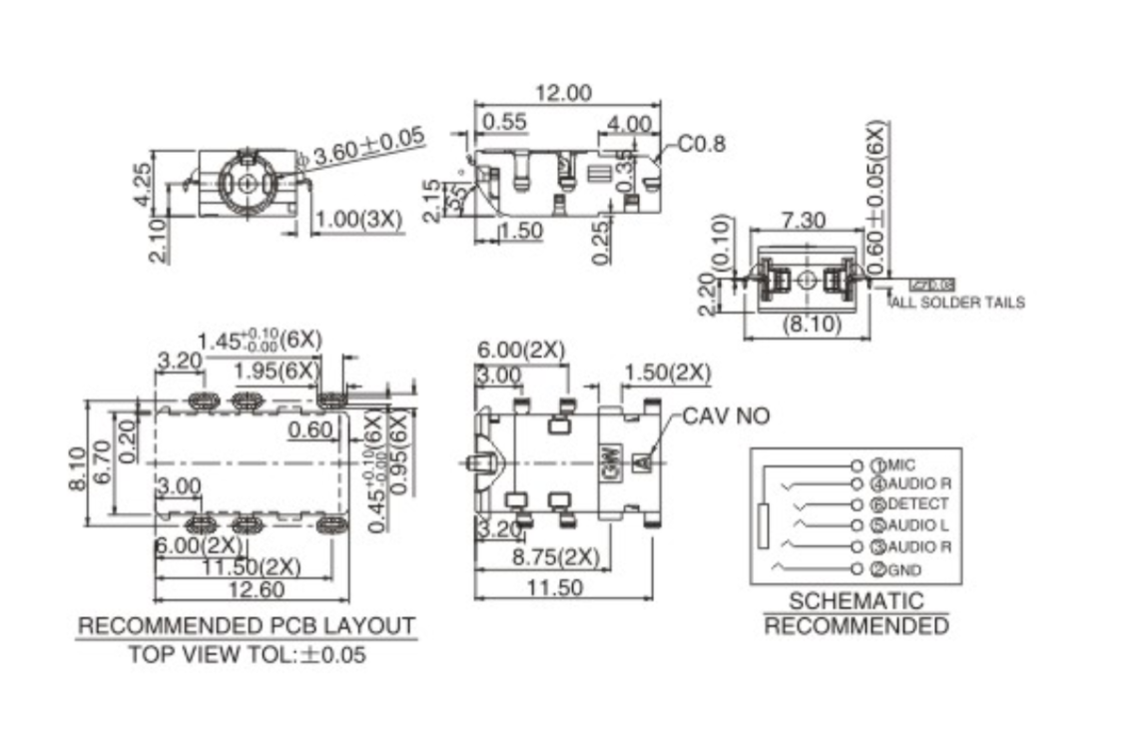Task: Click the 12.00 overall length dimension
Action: [x=564, y=93]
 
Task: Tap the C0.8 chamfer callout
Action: [x=702, y=144]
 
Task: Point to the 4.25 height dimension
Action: [x=143, y=183]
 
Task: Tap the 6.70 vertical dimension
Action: [x=101, y=461]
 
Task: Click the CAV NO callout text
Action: [x=726, y=415]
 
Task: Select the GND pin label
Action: [x=904, y=569]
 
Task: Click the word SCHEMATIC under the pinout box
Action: [x=856, y=601]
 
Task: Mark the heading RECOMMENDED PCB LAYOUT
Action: [x=247, y=626]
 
